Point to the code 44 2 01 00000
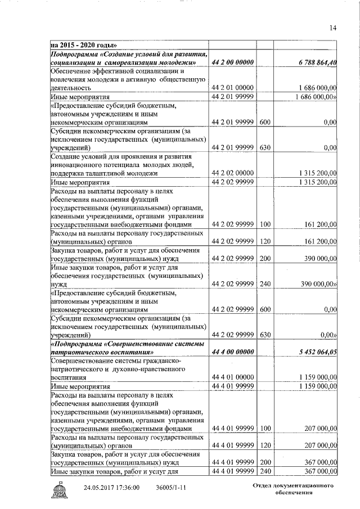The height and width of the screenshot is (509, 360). (x=233, y=88)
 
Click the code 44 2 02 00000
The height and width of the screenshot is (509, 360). (x=233, y=173)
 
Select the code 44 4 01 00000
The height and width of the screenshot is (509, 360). (x=233, y=378)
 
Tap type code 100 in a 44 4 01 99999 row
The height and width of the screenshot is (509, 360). (x=265, y=429)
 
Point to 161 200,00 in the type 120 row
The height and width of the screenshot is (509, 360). (x=318, y=241)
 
